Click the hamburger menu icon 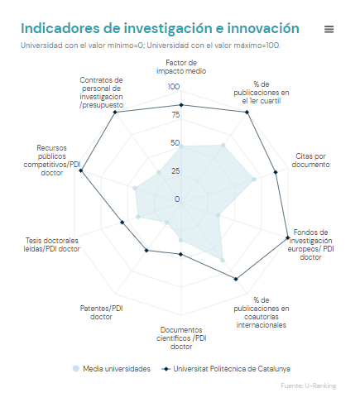click(329, 29)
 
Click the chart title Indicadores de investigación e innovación click(160, 28)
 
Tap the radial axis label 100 click(174, 87)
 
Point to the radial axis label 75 click(175, 115)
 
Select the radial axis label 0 click(177, 199)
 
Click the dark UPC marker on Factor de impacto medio click(181, 105)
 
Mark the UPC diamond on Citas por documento click(276, 172)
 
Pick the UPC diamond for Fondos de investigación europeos click(287, 237)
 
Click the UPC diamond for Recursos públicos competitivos click(81, 170)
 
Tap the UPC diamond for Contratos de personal click(115, 112)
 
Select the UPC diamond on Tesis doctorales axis click(122, 223)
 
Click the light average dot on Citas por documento click(254, 180)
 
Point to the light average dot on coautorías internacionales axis click(223, 260)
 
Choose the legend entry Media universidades click(112, 369)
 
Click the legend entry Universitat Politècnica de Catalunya click(226, 369)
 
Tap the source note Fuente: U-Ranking click(309, 386)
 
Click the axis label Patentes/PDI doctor click(101, 312)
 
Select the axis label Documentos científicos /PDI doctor click(181, 338)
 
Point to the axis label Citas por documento click(310, 160)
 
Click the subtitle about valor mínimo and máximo click(151, 46)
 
